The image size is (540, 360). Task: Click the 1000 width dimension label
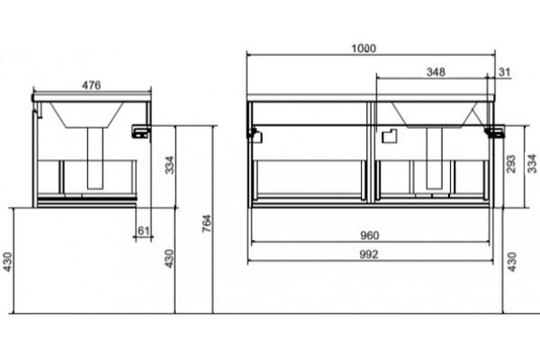pos(364,49)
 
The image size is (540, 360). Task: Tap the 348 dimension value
pos(436,72)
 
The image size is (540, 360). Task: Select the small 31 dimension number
pos(505,72)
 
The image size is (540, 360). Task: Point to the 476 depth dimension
pos(91,85)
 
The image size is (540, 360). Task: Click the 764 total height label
pos(207,223)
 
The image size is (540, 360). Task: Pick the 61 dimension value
pos(143,230)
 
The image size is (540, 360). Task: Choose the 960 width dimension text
pos(370,236)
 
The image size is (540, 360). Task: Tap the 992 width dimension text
pos(369,255)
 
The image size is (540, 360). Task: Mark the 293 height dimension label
pos(511,164)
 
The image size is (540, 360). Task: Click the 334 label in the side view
pos(170,165)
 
